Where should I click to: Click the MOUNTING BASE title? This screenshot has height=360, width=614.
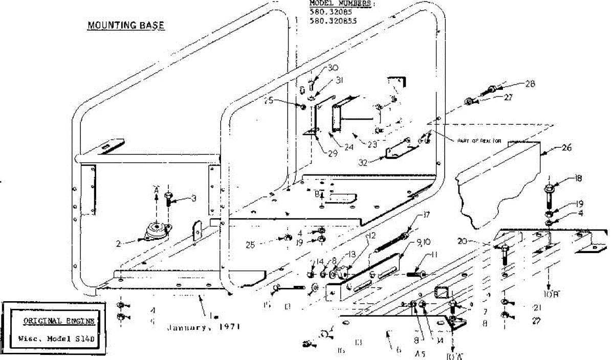point(126,25)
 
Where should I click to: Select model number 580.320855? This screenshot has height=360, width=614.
point(333,21)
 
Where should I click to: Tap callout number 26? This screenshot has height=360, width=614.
point(566,148)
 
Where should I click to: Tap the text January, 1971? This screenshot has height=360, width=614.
point(204,326)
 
